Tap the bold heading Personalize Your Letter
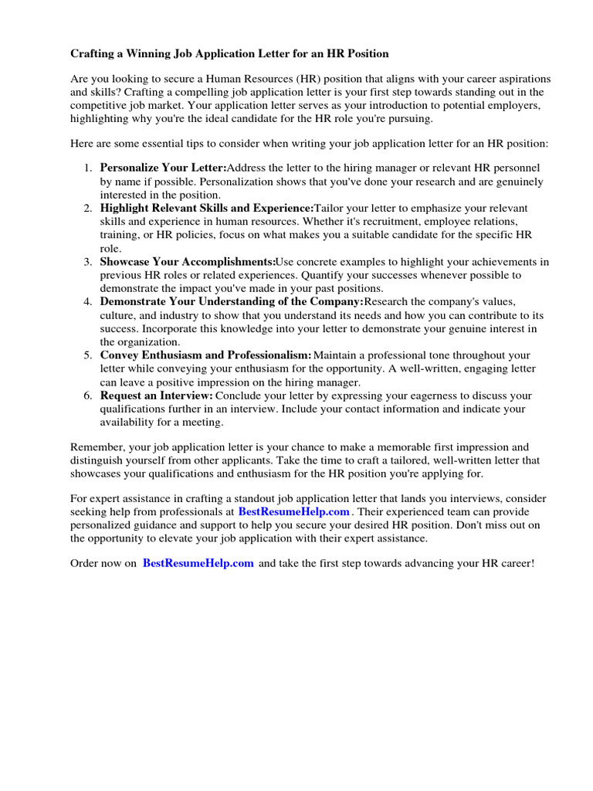coord(163,168)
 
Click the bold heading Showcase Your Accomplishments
coord(188,263)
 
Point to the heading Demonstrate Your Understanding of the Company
coord(232,302)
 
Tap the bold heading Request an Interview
coord(156,395)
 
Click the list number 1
coord(88,168)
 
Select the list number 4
coord(88,302)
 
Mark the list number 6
coord(88,396)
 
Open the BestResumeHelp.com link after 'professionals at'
coord(294,511)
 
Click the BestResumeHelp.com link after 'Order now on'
coord(198,564)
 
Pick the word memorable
coord(408,447)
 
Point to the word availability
coord(129,423)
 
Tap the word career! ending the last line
coord(515,564)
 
